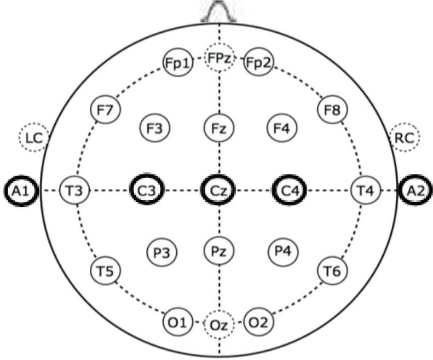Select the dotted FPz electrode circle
point(220,59)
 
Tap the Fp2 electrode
point(259,63)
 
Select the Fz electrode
point(220,129)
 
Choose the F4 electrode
point(282,129)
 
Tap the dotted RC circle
point(405,137)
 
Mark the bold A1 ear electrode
point(22,190)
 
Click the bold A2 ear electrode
point(416,190)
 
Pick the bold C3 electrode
point(146,190)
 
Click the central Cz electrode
point(219,190)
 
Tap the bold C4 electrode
point(290,190)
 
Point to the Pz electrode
point(220,251)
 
